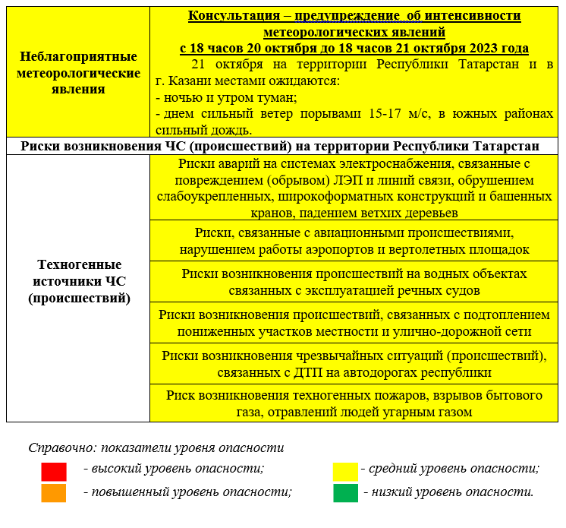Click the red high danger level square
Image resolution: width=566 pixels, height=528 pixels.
[53, 471]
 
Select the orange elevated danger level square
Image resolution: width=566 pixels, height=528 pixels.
[53, 493]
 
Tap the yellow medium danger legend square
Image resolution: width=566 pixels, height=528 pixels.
[344, 471]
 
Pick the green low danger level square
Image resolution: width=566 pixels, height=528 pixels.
[344, 493]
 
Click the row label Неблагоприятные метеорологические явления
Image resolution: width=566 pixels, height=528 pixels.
[79, 73]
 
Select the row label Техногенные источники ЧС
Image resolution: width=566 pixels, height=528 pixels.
[79, 281]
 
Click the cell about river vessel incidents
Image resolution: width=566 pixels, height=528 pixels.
[354, 282]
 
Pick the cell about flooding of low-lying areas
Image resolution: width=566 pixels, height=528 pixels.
[354, 323]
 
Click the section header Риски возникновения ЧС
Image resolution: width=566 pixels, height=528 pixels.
[281, 146]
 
